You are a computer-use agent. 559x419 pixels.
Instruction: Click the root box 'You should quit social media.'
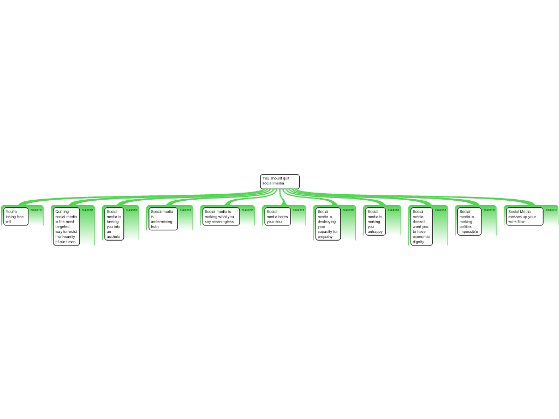(280, 181)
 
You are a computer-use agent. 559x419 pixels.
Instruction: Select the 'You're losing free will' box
(16, 217)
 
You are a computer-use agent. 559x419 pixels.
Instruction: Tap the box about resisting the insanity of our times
(66, 226)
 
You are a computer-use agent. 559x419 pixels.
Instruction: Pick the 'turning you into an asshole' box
(114, 224)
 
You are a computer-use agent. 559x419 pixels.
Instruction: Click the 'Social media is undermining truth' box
(163, 219)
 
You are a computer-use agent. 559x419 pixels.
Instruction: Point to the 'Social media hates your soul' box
(278, 217)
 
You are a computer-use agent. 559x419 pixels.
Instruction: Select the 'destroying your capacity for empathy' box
(328, 224)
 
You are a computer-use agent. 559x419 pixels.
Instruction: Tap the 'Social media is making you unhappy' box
(376, 222)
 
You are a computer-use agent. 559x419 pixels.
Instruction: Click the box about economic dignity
(421, 226)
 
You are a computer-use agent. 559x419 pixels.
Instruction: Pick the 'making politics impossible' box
(469, 222)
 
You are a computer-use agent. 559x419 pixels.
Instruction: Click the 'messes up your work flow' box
(525, 217)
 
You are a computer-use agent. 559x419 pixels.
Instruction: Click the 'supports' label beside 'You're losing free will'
(36, 210)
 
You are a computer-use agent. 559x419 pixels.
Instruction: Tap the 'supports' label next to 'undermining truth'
(186, 210)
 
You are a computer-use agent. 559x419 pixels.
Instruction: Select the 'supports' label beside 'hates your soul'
(299, 210)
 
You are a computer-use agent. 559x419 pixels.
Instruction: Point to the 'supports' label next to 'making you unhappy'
(394, 210)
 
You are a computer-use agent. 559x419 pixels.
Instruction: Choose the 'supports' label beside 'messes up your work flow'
(551, 210)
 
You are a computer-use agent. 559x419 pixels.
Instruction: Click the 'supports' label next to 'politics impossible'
(489, 210)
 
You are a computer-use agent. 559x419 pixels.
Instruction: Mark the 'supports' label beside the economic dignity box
(441, 210)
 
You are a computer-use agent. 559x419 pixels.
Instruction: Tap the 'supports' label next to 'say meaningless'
(247, 210)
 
